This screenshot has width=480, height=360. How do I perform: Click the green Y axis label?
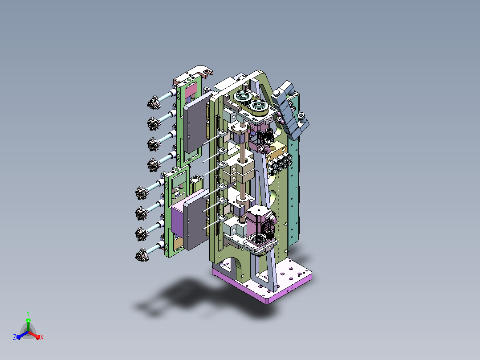tap(28, 313)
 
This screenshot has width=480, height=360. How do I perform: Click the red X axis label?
tap(42, 337)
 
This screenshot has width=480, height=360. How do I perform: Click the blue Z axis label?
tap(15, 337)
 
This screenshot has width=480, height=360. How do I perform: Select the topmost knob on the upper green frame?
tap(154, 102)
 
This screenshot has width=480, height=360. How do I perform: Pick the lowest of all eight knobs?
tap(142, 255)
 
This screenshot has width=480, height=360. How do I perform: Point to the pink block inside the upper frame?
tap(191, 90)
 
